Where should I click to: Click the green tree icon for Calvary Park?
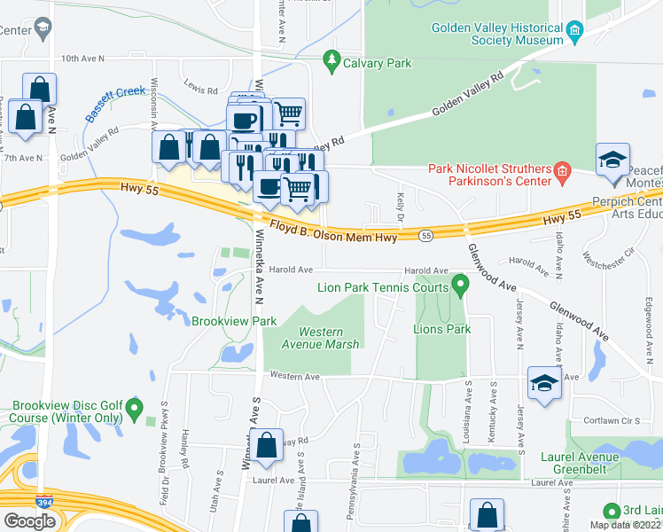(332, 59)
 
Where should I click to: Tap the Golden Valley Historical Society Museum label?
(496, 34)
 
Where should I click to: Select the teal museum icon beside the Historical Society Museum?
(574, 34)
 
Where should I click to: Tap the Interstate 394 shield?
(43, 502)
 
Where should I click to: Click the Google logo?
(29, 520)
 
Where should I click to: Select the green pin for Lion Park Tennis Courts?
(459, 285)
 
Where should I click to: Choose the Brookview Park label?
(234, 321)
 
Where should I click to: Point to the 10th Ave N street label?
(82, 59)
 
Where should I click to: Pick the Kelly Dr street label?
(401, 209)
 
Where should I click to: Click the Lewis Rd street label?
(201, 90)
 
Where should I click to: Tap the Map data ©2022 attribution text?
(626, 525)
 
